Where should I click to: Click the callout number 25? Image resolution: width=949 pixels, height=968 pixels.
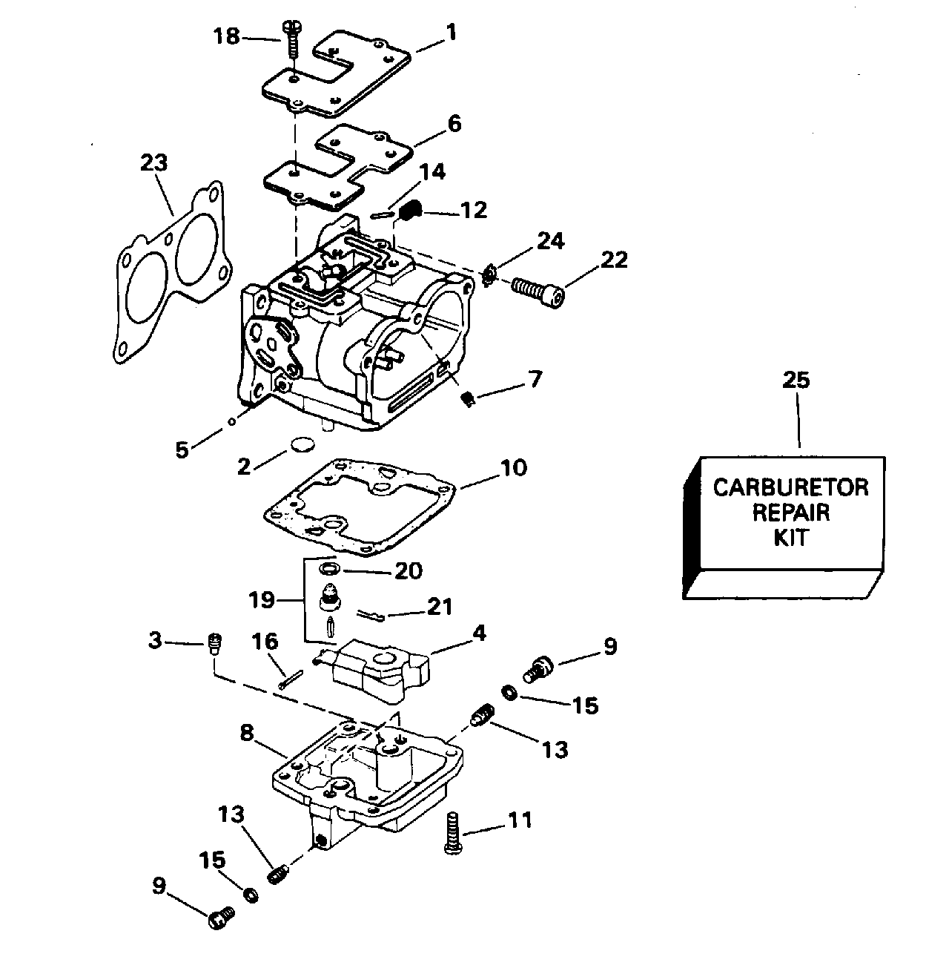click(x=797, y=381)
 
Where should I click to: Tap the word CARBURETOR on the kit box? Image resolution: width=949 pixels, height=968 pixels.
click(x=790, y=487)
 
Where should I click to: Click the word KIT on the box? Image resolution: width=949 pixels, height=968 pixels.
click(x=790, y=536)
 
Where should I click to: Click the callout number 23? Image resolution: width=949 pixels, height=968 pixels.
click(x=154, y=163)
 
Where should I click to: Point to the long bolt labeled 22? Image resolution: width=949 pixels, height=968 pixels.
click(x=538, y=290)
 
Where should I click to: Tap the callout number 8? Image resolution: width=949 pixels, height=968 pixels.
click(x=247, y=733)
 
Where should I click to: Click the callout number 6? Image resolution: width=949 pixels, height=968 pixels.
click(x=454, y=123)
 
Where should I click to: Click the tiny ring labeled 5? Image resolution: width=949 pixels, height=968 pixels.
click(x=232, y=421)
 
